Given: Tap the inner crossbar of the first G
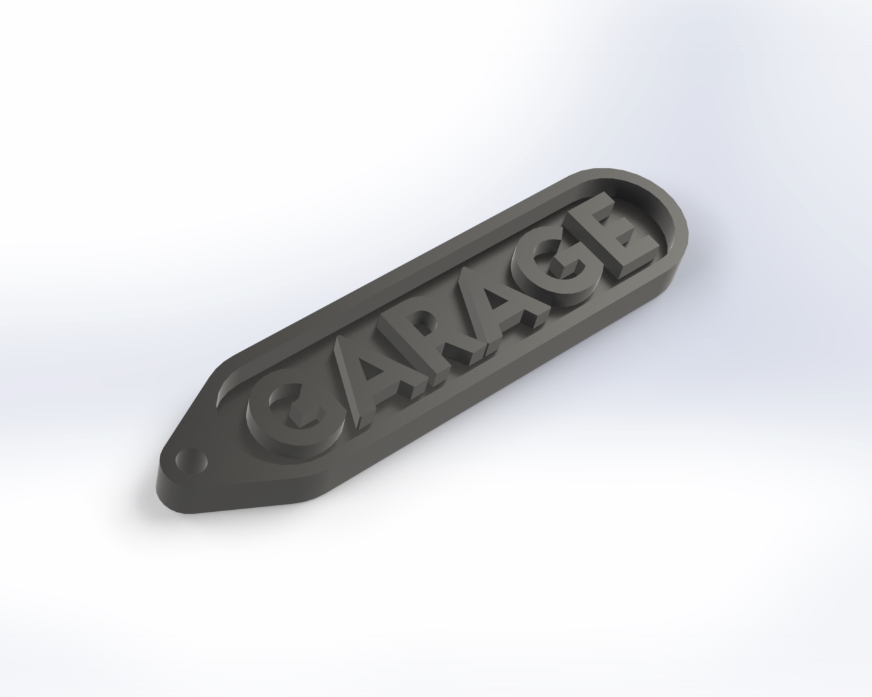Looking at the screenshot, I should [304, 413].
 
